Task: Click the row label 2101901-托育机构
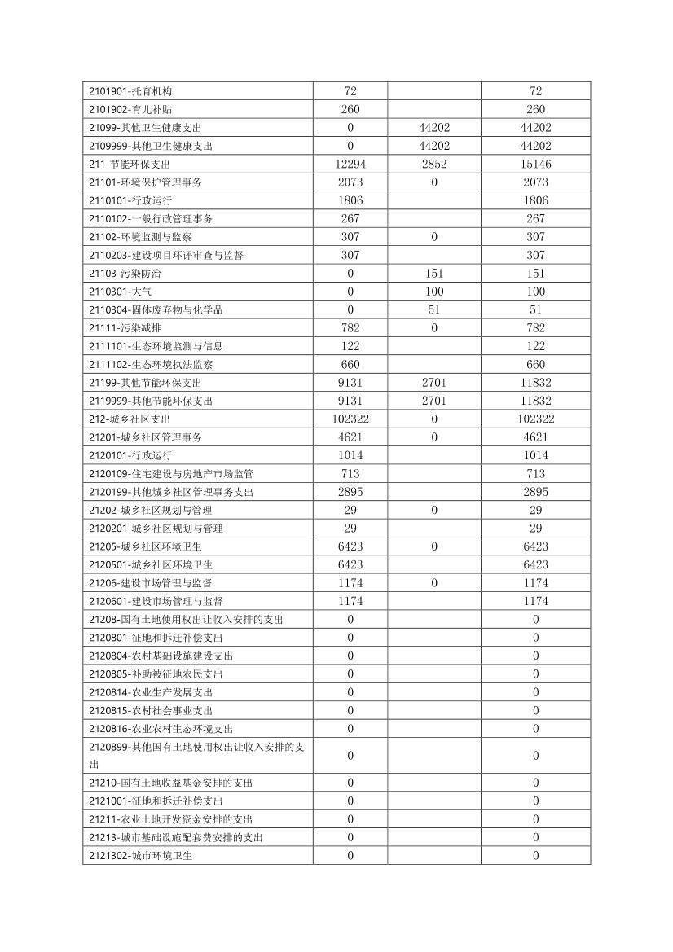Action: coord(130,91)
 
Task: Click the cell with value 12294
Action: coord(350,165)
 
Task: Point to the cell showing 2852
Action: coord(434,165)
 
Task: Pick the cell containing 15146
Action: coord(535,165)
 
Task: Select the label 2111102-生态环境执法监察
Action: coord(151,365)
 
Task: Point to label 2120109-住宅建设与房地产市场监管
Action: coord(165,474)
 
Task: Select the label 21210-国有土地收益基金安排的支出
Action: coord(171,783)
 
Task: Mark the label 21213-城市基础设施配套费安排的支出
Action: coord(176,838)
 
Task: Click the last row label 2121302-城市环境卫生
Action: coord(140,856)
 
